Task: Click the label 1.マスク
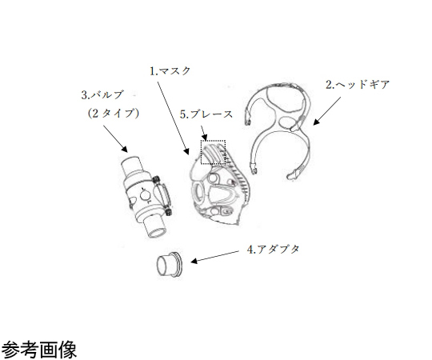point(170,71)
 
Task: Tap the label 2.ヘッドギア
point(358,84)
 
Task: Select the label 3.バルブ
point(102,94)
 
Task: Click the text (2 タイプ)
point(113,114)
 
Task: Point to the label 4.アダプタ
point(273,250)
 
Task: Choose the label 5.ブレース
point(206,114)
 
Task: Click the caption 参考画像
point(39,350)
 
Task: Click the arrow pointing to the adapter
point(214,257)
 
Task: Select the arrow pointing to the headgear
point(326,110)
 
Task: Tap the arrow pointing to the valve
point(115,139)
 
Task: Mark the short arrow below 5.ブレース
point(204,133)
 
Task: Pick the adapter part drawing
point(169,265)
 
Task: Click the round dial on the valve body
point(145,195)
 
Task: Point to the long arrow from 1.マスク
point(173,118)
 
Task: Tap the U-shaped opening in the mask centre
point(222,194)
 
